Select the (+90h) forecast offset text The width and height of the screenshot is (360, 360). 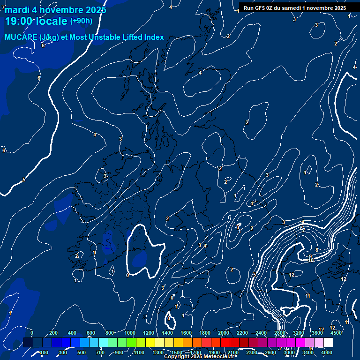tap(81, 21)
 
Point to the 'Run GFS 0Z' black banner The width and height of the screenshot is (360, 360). tap(295, 7)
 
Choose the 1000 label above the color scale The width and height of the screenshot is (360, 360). tap(130, 333)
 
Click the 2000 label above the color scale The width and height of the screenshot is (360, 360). tap(224, 333)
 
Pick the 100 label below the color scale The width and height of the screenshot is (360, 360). tap(44, 352)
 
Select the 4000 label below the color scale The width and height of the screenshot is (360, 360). tap(327, 352)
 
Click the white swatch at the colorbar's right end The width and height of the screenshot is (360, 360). tap(328, 343)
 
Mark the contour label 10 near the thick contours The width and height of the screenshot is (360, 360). tap(311, 260)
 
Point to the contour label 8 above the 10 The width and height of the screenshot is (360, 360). tap(317, 250)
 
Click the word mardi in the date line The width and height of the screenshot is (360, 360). tap(16, 10)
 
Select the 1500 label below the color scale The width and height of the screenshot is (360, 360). tap(177, 352)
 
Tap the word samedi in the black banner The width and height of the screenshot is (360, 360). tap(292, 7)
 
